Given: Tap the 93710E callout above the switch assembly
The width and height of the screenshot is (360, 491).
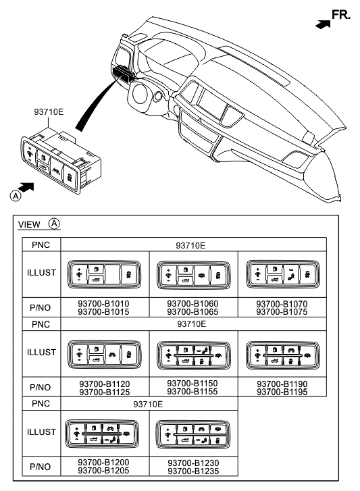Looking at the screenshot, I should tap(49, 113).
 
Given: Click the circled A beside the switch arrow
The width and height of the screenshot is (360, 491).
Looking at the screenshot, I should tap(14, 196).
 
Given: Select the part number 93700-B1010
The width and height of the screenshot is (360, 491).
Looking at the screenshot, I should tap(103, 304).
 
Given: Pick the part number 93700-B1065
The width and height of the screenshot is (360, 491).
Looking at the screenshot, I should tap(192, 312).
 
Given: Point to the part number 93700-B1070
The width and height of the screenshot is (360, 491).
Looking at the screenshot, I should tap(282, 304).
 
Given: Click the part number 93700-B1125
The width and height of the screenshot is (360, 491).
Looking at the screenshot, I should tap(103, 392).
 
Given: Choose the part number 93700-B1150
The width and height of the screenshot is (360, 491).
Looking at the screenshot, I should tap(192, 384).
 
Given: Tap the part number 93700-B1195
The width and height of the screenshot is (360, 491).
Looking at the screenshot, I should tap(282, 392).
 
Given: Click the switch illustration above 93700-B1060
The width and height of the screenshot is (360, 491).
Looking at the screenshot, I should tap(192, 274).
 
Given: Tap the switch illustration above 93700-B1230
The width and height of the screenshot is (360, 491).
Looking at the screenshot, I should tap(192, 432).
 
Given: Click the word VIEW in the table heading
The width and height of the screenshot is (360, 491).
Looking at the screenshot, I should tap(29, 224).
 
